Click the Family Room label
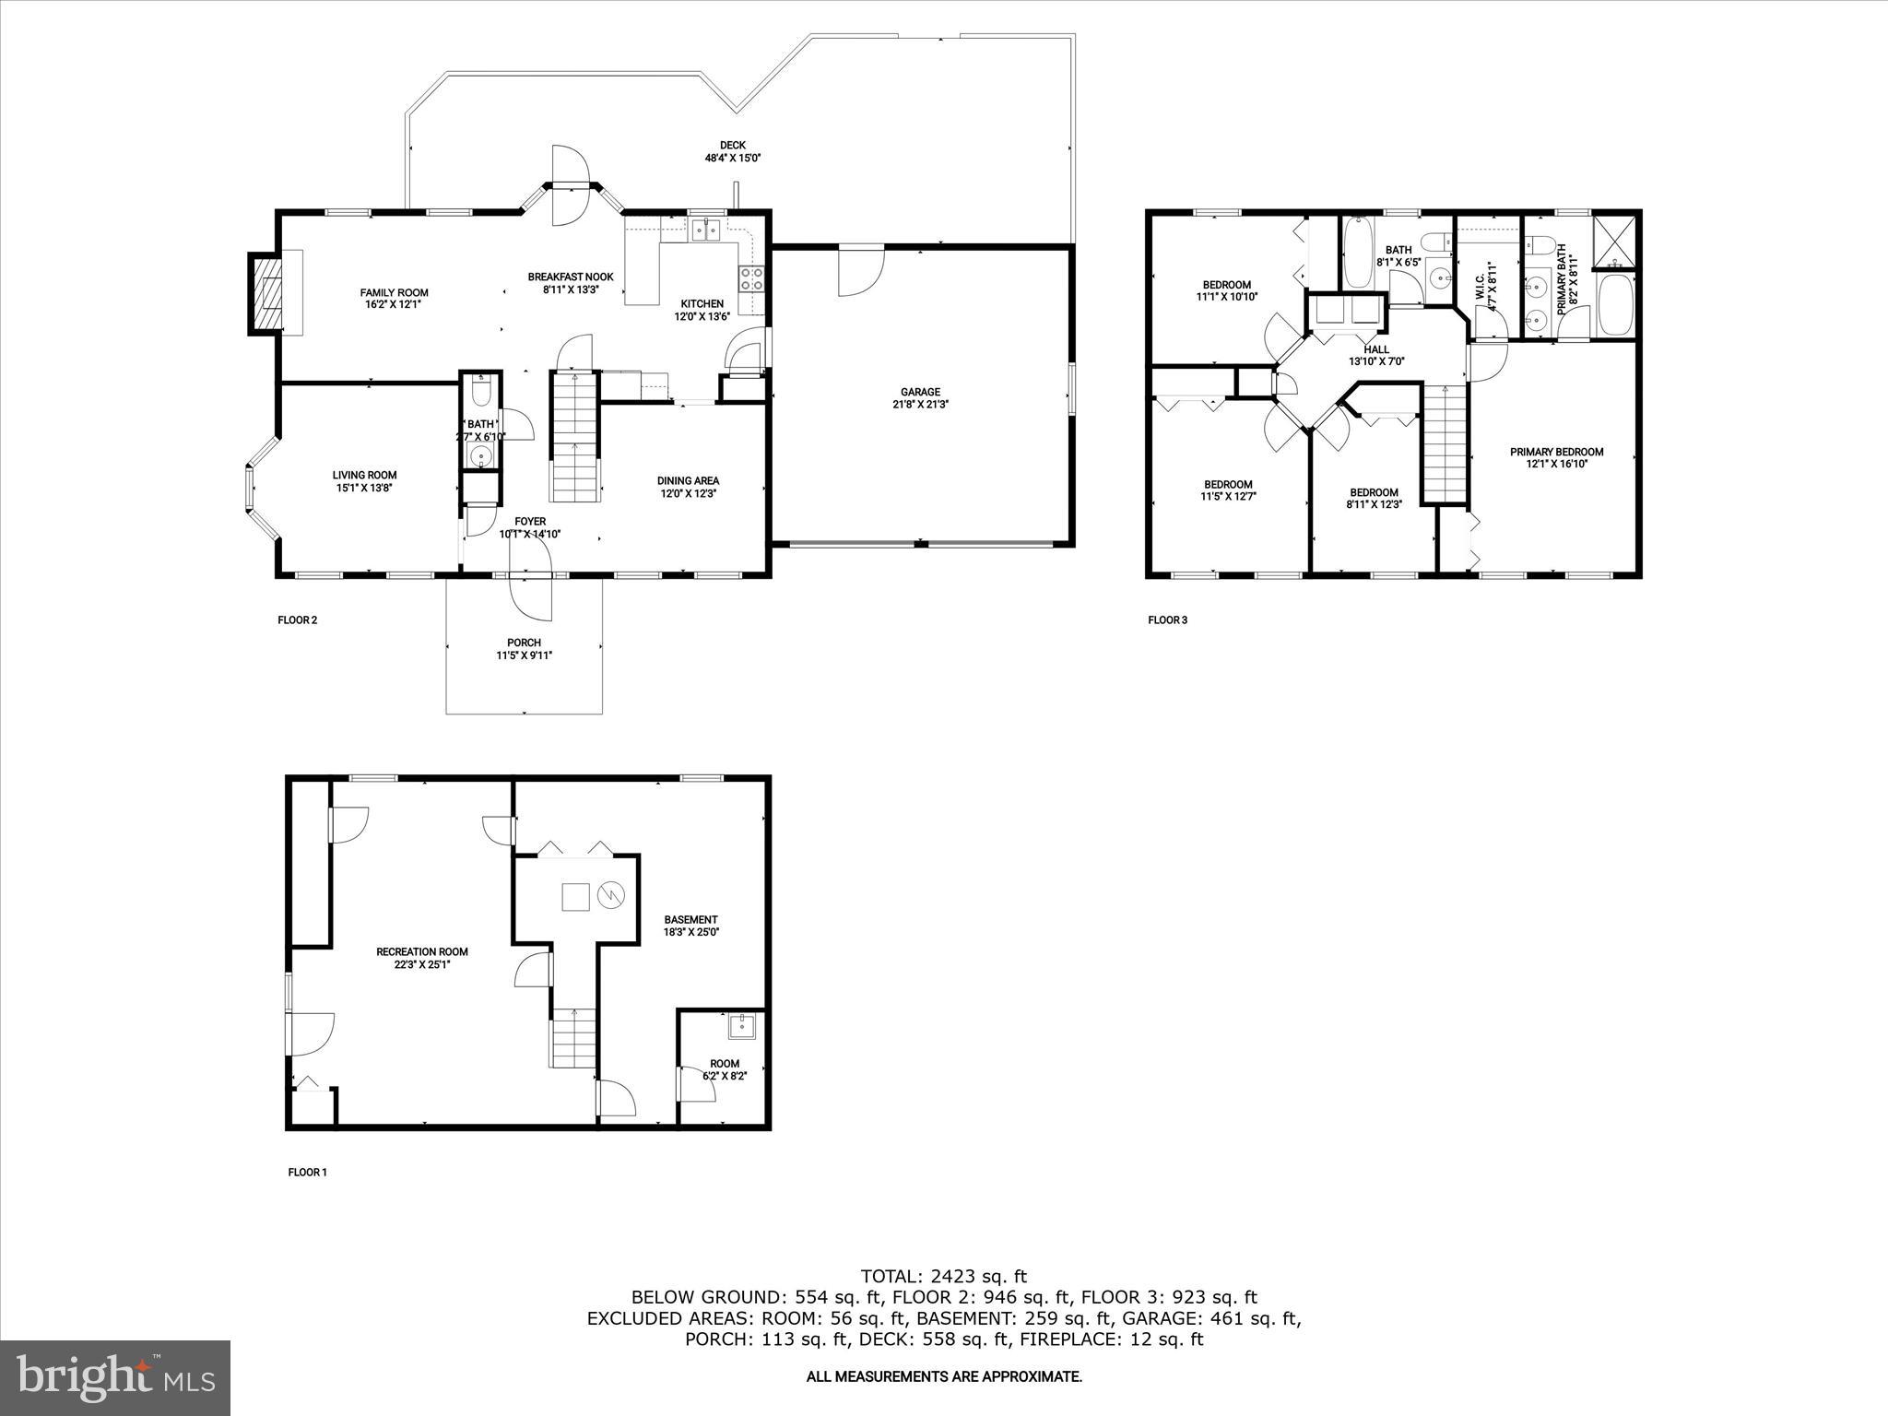pos(394,293)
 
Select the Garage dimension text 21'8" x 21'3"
pos(920,404)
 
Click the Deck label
pos(732,145)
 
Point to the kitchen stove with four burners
pos(752,278)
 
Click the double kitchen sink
pos(707,230)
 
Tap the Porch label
pos(524,643)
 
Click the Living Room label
pos(364,476)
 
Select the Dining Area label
pos(688,480)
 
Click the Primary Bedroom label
pos(1556,452)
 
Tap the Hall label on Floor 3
pos(1376,349)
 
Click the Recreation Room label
pos(422,952)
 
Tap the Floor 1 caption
pos(307,1173)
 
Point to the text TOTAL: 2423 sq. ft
pos(943,1277)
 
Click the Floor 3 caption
pos(1167,619)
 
